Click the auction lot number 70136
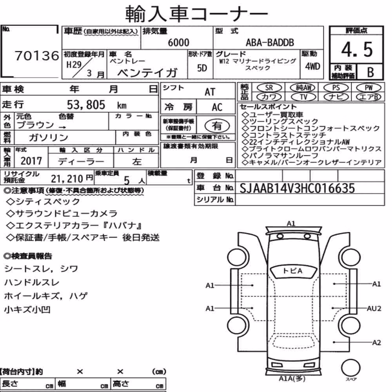37,56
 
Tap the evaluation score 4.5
357,49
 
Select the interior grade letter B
370,72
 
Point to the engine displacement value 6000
178,42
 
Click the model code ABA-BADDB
270,42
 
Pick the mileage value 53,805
86,105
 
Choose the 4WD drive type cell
312,67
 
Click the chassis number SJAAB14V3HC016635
297,188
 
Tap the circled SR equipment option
269,88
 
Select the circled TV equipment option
303,97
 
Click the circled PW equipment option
368,88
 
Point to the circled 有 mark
217,125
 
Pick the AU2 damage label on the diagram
374,309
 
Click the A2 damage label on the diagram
376,342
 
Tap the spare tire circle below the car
350,368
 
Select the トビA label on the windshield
292,271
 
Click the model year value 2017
31,161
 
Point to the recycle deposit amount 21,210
67,179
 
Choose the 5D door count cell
202,68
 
